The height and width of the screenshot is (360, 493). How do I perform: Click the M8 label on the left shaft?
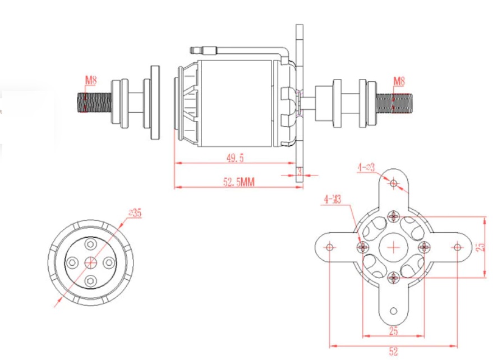pyautogui.click(x=90, y=81)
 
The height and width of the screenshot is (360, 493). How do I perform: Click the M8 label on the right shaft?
pyautogui.click(x=399, y=81)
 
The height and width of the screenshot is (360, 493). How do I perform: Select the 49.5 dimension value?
pyautogui.click(x=235, y=158)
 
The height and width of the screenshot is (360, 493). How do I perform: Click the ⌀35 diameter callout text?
pyautogui.click(x=135, y=213)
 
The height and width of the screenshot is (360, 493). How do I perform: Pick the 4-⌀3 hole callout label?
pyautogui.click(x=366, y=167)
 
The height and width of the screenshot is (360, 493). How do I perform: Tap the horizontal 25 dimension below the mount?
pyautogui.click(x=393, y=331)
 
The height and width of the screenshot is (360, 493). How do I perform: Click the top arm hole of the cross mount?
pyautogui.click(x=394, y=183)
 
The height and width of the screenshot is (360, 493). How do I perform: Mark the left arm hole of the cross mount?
pyautogui.click(x=330, y=247)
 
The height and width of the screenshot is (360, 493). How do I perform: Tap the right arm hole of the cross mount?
pyautogui.click(x=457, y=247)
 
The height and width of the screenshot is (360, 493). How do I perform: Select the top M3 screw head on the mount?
pyautogui.click(x=394, y=216)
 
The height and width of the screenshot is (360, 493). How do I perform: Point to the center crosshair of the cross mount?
pyautogui.click(x=394, y=247)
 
